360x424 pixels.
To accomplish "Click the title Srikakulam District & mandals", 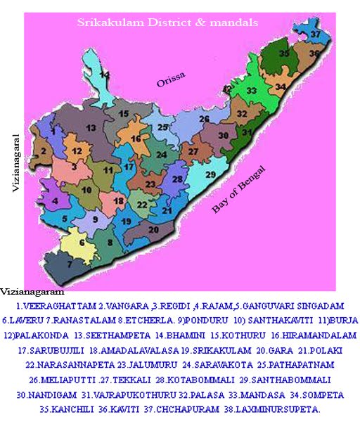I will tap(167, 23).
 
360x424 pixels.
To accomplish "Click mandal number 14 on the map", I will tap(104, 75).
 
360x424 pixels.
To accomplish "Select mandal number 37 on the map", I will tap(316, 34).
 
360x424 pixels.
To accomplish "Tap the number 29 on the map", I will tap(210, 175).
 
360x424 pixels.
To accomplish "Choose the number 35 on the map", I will tap(284, 53).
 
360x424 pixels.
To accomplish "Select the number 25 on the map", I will tap(163, 127).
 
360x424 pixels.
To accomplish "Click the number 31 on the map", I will tap(247, 132).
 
